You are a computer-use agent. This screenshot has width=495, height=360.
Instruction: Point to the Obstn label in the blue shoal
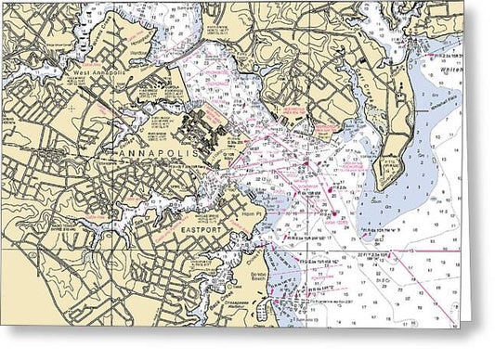pyautogui.click(x=378, y=198)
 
